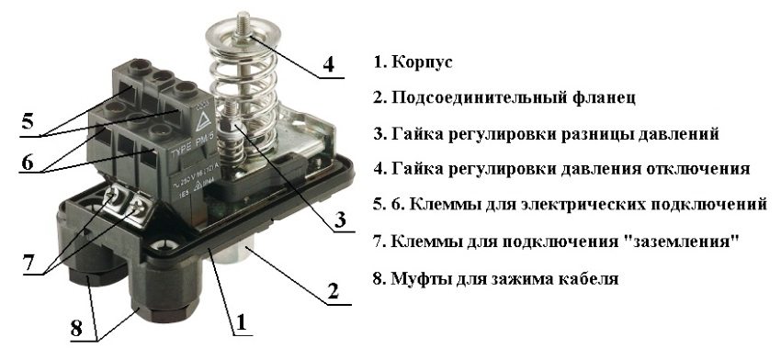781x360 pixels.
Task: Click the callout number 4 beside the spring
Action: tap(327, 64)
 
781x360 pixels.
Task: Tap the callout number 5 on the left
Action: tap(28, 120)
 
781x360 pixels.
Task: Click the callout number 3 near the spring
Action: tap(340, 220)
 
